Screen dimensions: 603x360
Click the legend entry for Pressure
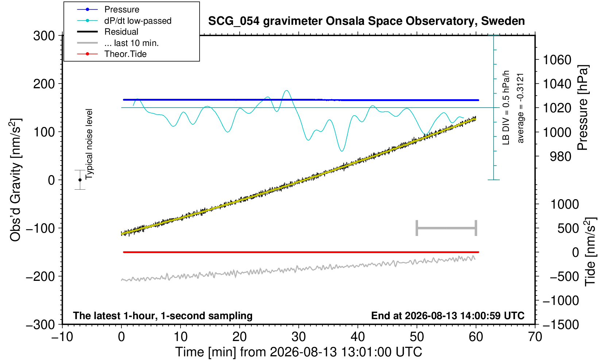point(122,9)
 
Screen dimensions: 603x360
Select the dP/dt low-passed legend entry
point(138,21)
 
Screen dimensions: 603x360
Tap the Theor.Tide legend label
point(125,54)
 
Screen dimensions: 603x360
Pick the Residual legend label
point(121,32)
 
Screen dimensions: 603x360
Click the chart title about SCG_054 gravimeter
point(366,21)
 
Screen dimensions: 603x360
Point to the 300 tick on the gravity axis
point(44,36)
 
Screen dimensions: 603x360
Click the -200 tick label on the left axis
point(40,276)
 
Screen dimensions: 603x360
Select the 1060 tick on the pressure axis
point(557,60)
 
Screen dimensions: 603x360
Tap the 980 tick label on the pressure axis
point(560,156)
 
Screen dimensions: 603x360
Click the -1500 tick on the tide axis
point(561,325)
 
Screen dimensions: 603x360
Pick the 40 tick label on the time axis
point(358,337)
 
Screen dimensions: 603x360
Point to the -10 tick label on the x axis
point(62,337)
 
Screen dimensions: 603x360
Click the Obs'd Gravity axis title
point(15,180)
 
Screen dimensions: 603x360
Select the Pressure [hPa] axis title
point(583,108)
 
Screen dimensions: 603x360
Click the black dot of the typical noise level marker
point(80,180)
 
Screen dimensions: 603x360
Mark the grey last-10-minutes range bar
point(447,228)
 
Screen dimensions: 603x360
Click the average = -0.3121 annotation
point(521,108)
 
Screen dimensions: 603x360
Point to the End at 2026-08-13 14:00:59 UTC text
point(448,316)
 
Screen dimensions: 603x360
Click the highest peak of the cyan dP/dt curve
point(286,90)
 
